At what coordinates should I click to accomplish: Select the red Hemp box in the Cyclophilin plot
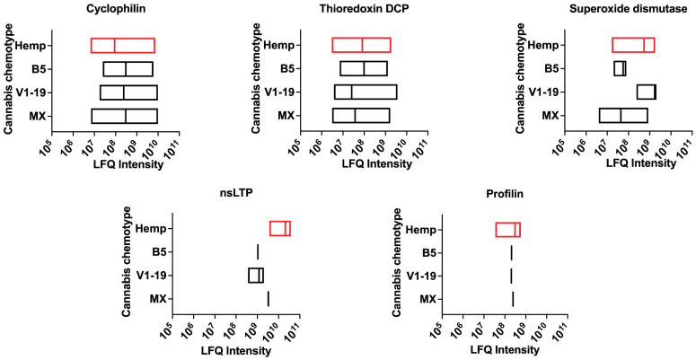tap(122, 45)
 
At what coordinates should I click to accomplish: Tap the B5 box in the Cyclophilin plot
tap(128, 68)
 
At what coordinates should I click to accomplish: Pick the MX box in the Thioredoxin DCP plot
tap(361, 115)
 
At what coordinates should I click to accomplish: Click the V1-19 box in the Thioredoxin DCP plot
tap(366, 92)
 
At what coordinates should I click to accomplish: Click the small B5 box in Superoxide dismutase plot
tap(620, 68)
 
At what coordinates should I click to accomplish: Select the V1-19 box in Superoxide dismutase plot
tap(647, 92)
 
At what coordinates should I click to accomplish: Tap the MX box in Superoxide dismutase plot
tap(623, 115)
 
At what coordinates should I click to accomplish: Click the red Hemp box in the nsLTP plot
tap(280, 229)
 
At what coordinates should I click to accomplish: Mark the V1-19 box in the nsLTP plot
tap(256, 276)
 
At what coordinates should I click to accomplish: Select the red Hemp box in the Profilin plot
tap(507, 230)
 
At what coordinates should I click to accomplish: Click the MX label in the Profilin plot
tap(428, 299)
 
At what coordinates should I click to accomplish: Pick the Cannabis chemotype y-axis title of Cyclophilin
tap(8, 81)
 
